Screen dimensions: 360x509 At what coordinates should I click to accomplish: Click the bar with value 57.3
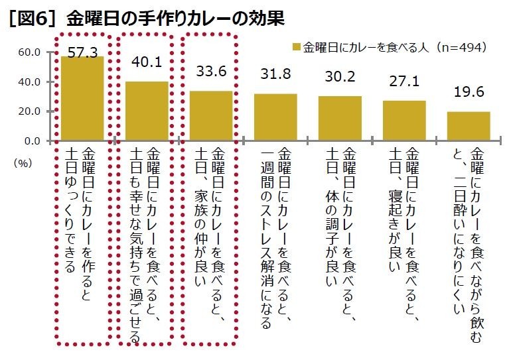[x=82, y=99]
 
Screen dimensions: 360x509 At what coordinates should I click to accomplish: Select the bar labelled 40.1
[x=147, y=111]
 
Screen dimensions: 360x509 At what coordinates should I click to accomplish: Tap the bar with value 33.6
[x=211, y=116]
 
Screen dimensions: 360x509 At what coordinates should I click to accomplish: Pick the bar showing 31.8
[x=275, y=117]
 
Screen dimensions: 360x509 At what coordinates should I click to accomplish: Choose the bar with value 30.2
[x=340, y=119]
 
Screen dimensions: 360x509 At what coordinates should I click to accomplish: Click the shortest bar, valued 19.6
[x=469, y=127]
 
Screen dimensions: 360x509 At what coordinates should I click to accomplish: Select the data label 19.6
[x=469, y=93]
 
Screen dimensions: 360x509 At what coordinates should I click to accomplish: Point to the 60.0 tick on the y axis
[x=31, y=52]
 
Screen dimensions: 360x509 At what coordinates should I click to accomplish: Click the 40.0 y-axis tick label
[x=31, y=82]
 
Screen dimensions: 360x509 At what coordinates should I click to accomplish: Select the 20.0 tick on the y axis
[x=31, y=111]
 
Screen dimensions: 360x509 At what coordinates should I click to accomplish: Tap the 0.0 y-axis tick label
[x=34, y=141]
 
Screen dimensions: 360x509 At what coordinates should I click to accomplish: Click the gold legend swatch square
[x=296, y=46]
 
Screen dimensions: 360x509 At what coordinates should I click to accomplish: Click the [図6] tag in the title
[x=33, y=19]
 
